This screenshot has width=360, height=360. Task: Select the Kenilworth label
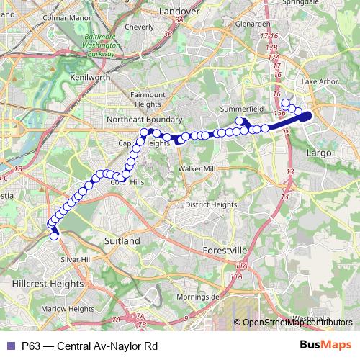tap(90, 76)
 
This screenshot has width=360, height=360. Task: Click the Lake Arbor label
tap(320, 83)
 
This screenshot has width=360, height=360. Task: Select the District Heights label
tap(210, 204)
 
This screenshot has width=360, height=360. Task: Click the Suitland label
tap(122, 241)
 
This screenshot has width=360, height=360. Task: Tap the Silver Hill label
tap(76, 259)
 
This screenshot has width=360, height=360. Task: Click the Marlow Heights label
tap(67, 309)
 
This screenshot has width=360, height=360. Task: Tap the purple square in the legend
tap(11, 346)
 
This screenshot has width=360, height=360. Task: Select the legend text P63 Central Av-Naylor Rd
tap(89, 346)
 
